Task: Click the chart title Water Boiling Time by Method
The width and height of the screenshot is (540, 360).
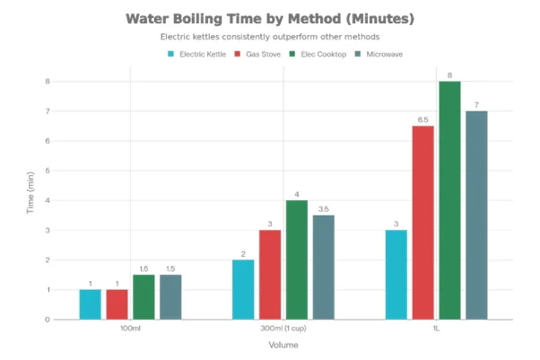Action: [270, 18]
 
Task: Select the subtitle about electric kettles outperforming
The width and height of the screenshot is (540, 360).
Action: [270, 37]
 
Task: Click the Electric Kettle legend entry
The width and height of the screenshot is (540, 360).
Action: [199, 54]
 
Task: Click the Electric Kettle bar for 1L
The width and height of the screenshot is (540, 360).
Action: [396, 275]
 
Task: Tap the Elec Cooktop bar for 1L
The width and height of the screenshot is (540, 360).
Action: [449, 200]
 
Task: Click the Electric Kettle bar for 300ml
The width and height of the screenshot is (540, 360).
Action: [243, 289]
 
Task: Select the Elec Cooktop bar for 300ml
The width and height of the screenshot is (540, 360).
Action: [296, 259]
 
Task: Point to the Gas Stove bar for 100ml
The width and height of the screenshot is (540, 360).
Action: [117, 304]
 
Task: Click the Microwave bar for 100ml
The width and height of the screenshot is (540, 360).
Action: [170, 297]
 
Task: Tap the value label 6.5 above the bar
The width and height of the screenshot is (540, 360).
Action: [422, 119]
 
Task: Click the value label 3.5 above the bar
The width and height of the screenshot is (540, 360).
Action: [323, 208]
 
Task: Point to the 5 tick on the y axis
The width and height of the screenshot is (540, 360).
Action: [48, 171]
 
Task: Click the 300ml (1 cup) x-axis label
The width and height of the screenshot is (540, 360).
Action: [283, 329]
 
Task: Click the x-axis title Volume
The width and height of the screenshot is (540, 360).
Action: [283, 346]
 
